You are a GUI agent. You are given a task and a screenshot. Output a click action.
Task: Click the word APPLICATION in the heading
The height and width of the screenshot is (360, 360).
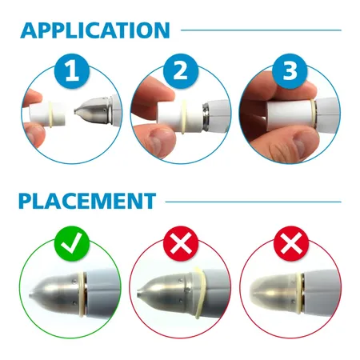pos(95,30)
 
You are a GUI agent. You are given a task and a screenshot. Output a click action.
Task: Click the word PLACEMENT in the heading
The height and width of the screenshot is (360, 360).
pos(87,201)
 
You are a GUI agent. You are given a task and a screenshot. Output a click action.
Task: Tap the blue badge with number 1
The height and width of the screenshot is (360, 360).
pos(71,70)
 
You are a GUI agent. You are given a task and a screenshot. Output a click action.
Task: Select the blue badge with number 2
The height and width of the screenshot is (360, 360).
pos(181,70)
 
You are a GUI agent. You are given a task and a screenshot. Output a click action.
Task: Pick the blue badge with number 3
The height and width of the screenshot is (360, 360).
pos(290,70)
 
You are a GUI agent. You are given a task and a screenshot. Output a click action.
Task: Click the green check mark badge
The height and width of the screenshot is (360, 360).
pos(71,243)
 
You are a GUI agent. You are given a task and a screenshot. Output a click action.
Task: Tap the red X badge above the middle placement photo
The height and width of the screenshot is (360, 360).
pos(181,243)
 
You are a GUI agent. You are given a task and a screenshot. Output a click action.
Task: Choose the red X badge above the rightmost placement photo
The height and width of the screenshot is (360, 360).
pos(291,243)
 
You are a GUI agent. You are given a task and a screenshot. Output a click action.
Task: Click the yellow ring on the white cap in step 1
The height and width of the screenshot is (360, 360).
pos(50,114)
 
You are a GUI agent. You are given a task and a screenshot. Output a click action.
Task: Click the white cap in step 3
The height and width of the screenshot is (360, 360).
pos(290,113)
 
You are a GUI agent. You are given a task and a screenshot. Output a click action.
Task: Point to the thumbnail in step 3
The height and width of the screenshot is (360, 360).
pos(302,145)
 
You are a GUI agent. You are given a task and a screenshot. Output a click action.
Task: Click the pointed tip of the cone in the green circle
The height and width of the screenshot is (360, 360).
pos(30,295)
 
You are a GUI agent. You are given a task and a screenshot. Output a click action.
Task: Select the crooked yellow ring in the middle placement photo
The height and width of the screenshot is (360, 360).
pos(199,293)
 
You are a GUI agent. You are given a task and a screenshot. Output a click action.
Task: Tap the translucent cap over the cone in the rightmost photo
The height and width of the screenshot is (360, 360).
pos(274,293)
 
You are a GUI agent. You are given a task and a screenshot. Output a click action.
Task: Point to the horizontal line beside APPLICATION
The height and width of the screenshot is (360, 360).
pos(261,30)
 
